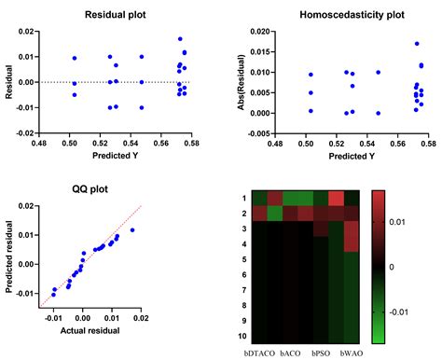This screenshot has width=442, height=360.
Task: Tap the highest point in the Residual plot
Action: (181, 39)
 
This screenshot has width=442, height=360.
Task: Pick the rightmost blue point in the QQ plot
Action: (131, 229)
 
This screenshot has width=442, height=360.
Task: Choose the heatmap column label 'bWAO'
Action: (351, 354)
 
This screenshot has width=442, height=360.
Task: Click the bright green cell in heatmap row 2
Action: (275, 215)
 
